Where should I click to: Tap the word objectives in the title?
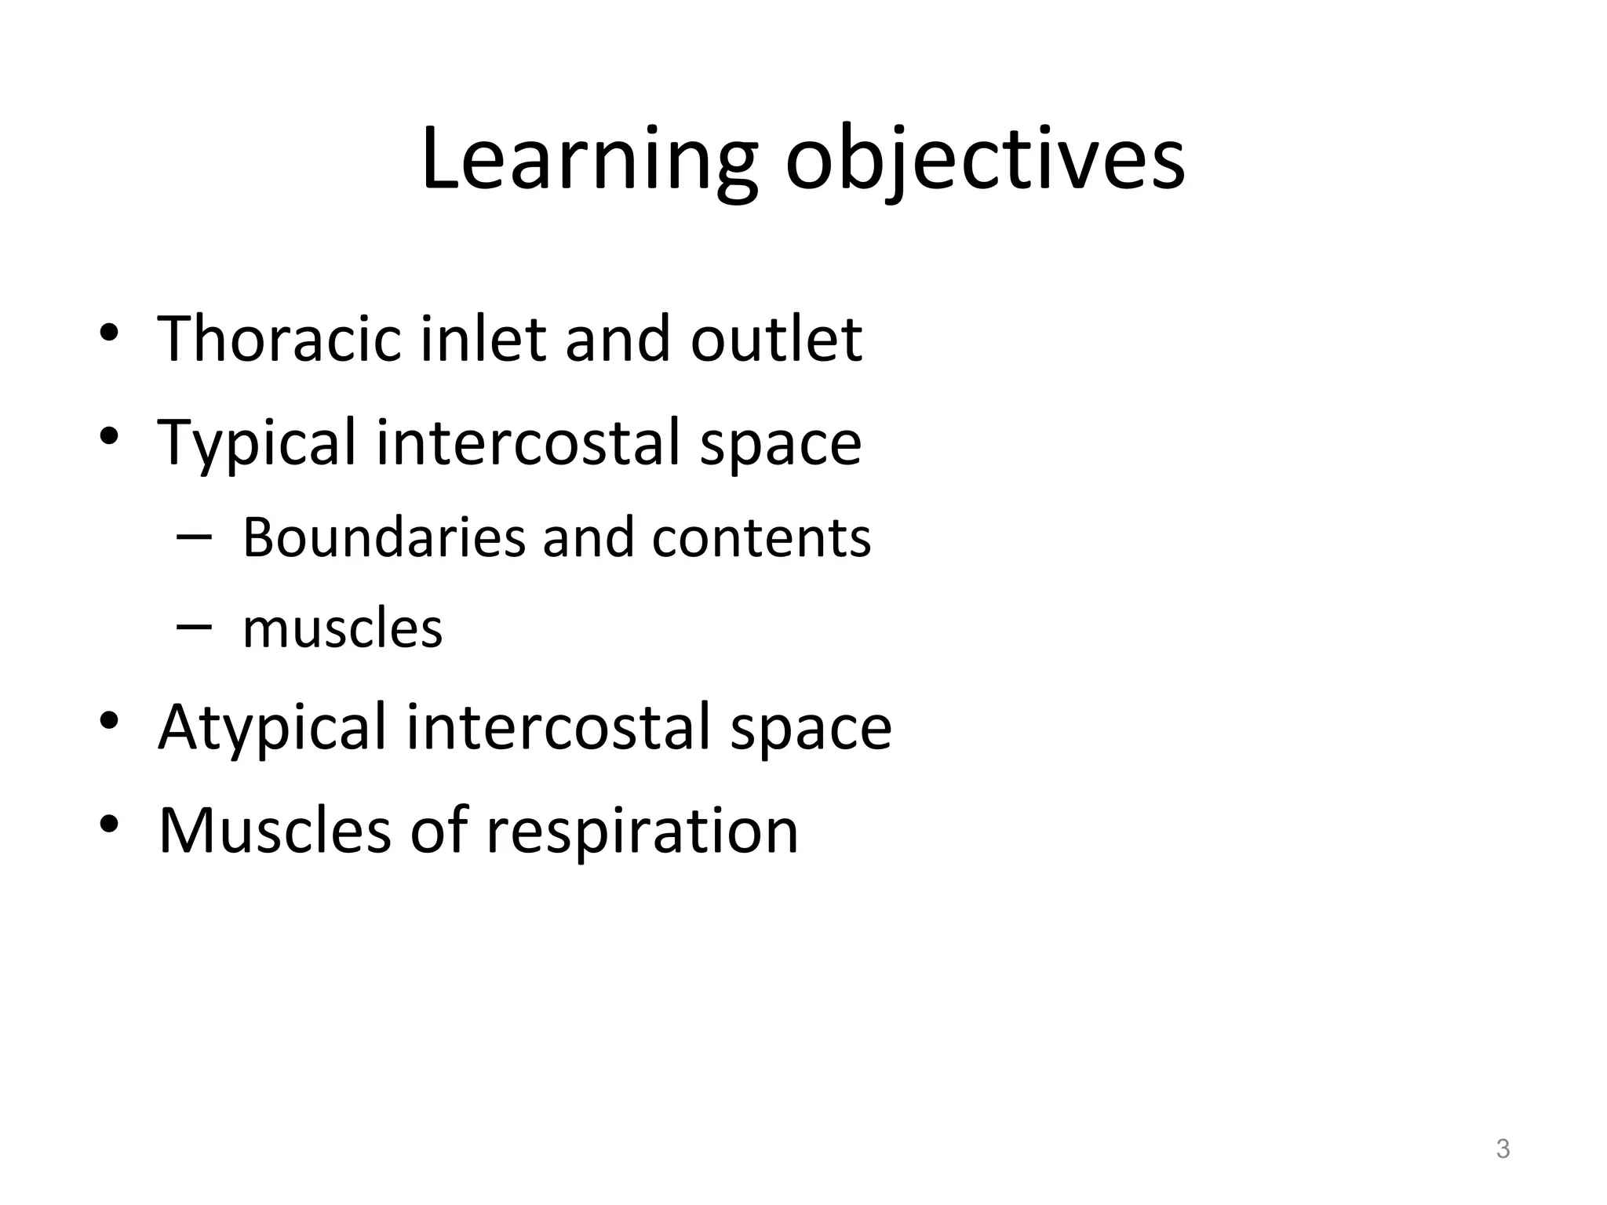pyautogui.click(x=985, y=161)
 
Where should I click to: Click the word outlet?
pyautogui.click(x=776, y=338)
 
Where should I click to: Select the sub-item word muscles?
pyautogui.click(x=342, y=628)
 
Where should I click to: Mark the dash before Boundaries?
pyautogui.click(x=195, y=537)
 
